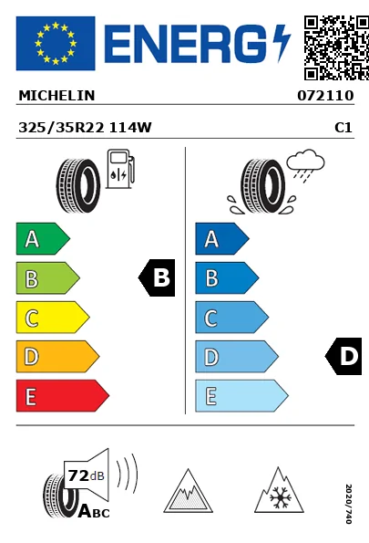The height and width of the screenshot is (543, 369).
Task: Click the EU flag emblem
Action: (x=56, y=43)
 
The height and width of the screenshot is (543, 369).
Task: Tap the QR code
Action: (x=336, y=47)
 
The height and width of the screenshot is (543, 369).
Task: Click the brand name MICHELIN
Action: (x=56, y=96)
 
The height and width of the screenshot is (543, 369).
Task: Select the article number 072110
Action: (x=325, y=96)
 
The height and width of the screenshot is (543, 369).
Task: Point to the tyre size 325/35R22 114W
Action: (x=85, y=128)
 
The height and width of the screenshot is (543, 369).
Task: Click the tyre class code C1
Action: (x=343, y=128)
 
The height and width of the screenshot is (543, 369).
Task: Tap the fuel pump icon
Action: (x=120, y=169)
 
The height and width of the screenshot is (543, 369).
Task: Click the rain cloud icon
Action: (x=306, y=165)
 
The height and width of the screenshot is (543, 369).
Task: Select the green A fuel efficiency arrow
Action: (x=43, y=238)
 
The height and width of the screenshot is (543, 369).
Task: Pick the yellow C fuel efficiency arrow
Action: (x=53, y=318)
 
